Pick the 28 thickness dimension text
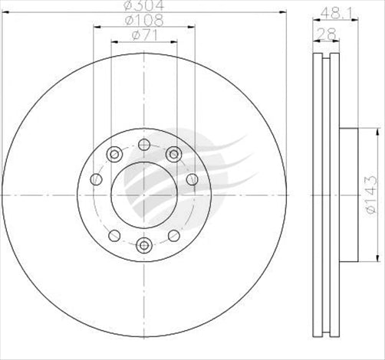tap(326, 34)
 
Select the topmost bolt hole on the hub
tap(143, 144)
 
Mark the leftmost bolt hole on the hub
tap(96, 179)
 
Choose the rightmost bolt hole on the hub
tap(191, 179)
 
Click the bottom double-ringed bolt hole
tap(143, 245)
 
